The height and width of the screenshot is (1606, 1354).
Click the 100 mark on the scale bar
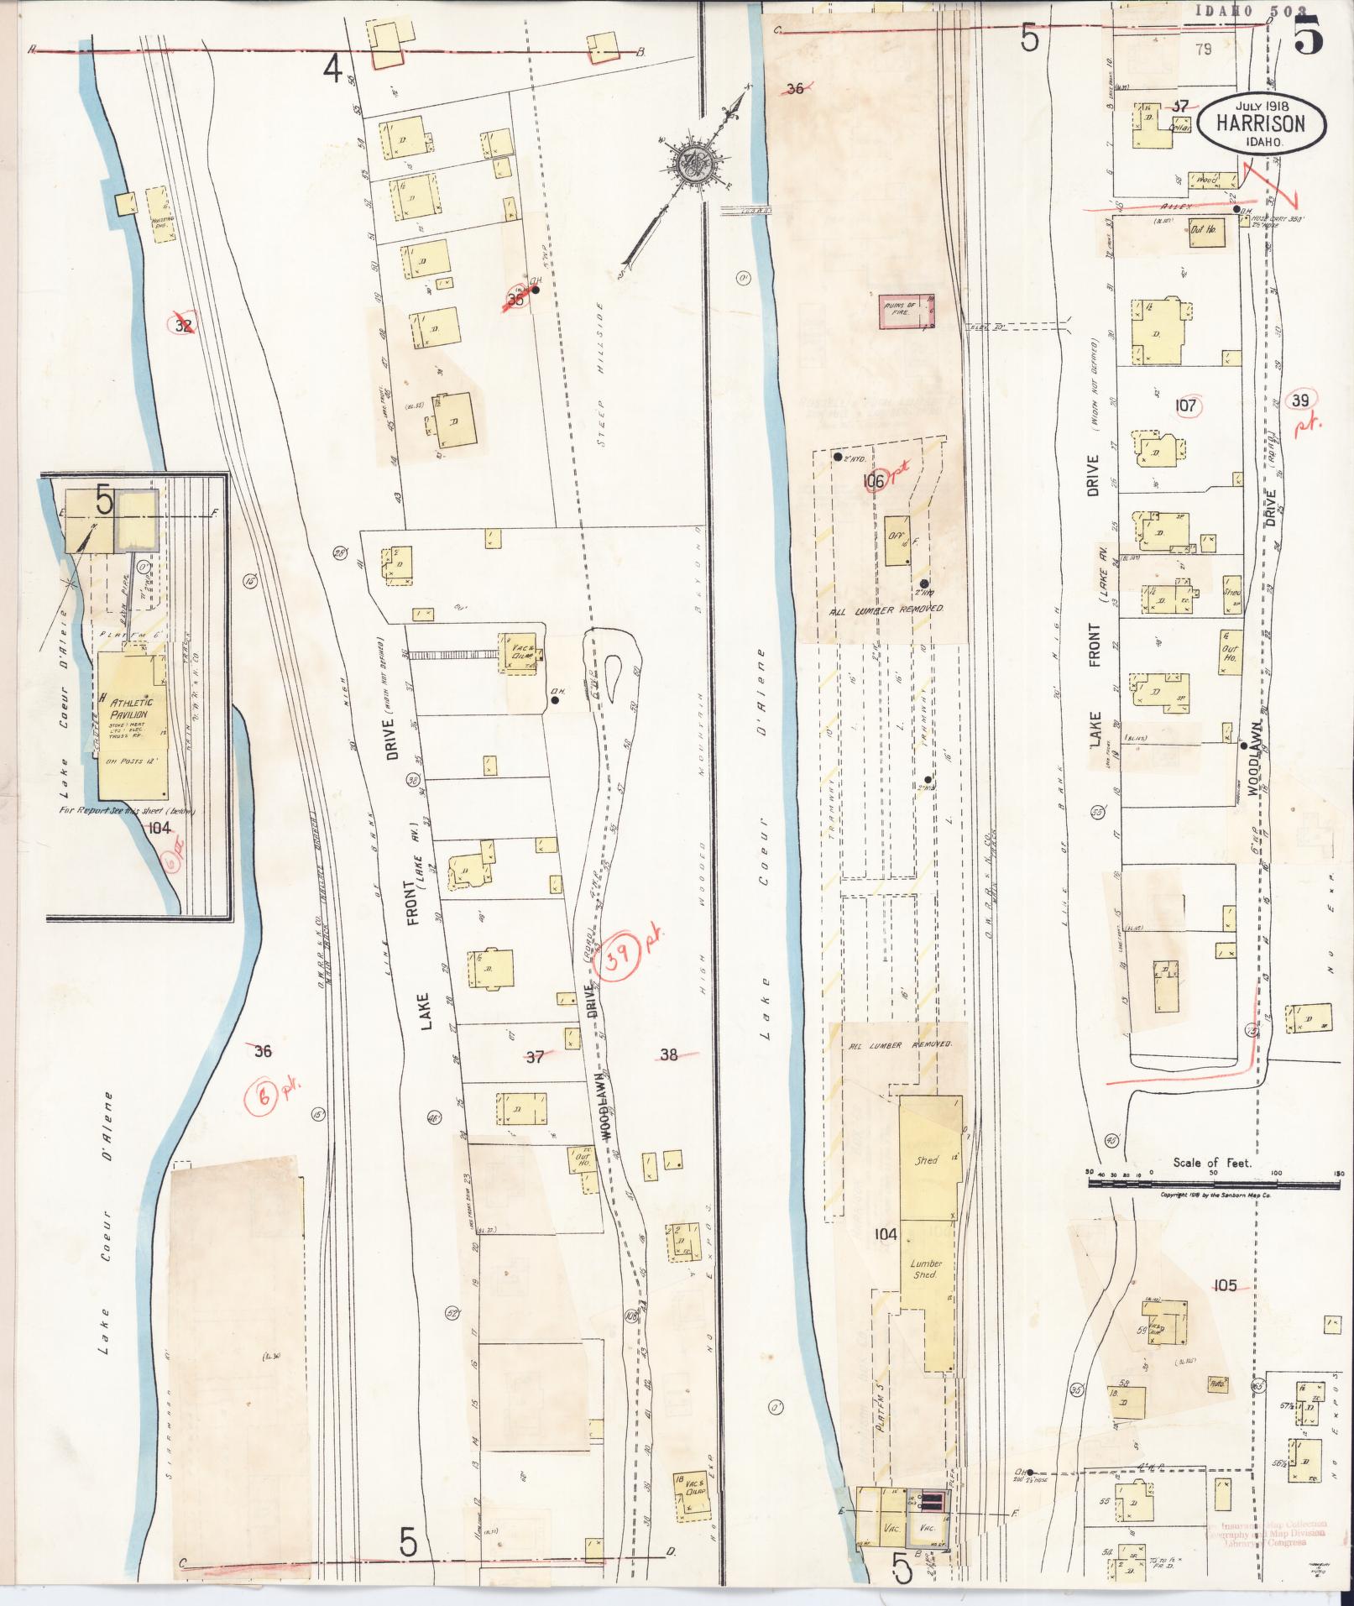point(1276,1173)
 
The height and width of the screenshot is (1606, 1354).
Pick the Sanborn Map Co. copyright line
point(1215,1194)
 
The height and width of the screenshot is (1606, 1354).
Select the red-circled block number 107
point(1186,406)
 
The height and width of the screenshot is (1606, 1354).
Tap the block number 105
point(1225,1285)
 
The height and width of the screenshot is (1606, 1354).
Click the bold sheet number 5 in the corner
point(1310,35)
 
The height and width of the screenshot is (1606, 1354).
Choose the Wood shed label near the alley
point(1206,180)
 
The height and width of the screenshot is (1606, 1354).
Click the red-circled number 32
point(184,325)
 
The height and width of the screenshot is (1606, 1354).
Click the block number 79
point(1205,50)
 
